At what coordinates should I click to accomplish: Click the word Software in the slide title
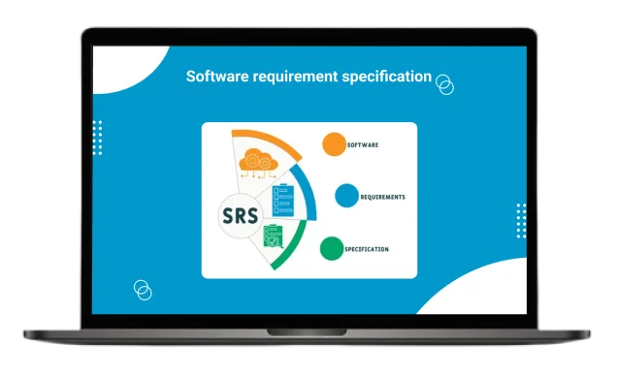click(x=216, y=77)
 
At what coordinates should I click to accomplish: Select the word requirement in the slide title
click(x=292, y=77)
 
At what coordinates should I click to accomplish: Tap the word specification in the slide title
click(x=386, y=77)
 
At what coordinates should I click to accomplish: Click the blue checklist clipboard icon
click(x=285, y=201)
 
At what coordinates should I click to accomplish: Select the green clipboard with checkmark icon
click(x=274, y=238)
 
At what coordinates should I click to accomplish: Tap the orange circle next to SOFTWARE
click(x=333, y=144)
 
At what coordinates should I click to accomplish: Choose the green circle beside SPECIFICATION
click(x=332, y=249)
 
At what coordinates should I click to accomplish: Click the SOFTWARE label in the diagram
click(x=362, y=144)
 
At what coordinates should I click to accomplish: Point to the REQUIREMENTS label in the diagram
click(x=382, y=197)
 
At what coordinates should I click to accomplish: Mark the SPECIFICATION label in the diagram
click(x=367, y=249)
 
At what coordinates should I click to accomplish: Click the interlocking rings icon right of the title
click(x=445, y=84)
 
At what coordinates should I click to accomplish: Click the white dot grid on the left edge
click(x=97, y=139)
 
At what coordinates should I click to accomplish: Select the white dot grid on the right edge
click(x=521, y=221)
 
